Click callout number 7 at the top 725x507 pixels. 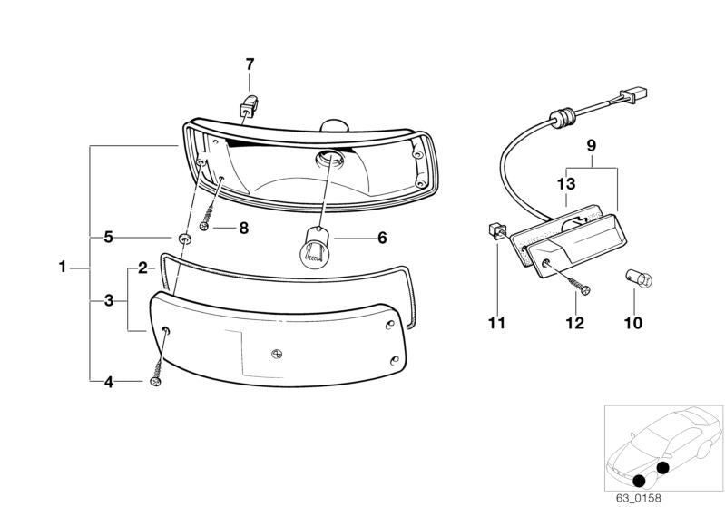[250, 64]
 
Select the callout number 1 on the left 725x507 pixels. [62, 268]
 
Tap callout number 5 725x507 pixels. [107, 238]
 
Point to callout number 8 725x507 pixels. [242, 229]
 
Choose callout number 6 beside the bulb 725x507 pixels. [381, 238]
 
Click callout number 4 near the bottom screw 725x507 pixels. [107, 382]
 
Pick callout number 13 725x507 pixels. [565, 184]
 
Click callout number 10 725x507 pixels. [632, 322]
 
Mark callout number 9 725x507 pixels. [590, 145]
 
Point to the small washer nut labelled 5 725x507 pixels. [185, 238]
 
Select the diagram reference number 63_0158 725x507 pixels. [641, 496]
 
